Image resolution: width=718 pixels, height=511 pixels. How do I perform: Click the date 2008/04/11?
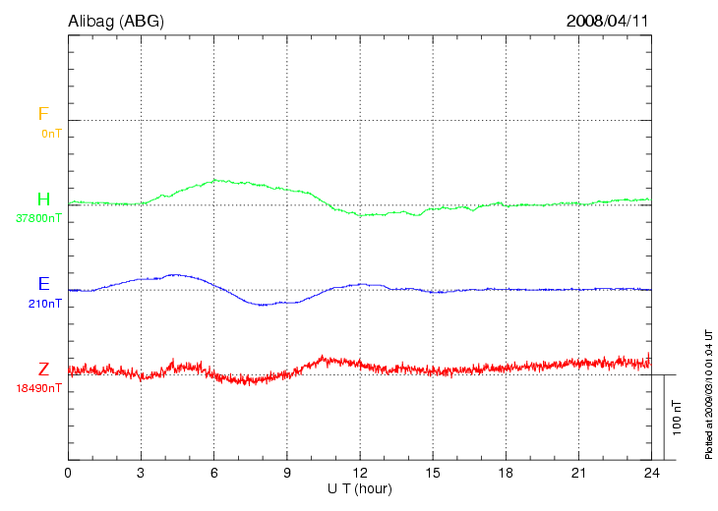tap(607, 20)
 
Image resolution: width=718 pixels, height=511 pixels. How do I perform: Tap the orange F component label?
tap(42, 115)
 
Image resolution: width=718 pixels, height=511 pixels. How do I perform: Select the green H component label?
tap(43, 199)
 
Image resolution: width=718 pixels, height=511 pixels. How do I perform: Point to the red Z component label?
tap(43, 369)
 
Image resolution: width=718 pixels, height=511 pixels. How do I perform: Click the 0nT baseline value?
tap(51, 133)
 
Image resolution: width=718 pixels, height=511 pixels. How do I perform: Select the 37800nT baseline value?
tap(38, 218)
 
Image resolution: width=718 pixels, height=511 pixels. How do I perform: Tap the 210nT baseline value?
tap(46, 304)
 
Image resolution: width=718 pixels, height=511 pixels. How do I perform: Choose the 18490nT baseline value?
tap(38, 388)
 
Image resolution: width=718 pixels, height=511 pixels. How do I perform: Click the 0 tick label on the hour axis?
tap(68, 474)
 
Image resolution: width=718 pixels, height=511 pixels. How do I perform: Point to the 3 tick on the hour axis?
tap(141, 474)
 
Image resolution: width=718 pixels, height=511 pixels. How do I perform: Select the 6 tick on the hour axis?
tap(213, 474)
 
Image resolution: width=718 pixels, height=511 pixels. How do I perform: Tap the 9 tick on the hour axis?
tap(286, 474)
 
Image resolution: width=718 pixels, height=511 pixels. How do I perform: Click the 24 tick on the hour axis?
tap(650, 474)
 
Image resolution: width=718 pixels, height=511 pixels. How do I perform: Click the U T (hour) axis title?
tap(359, 488)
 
